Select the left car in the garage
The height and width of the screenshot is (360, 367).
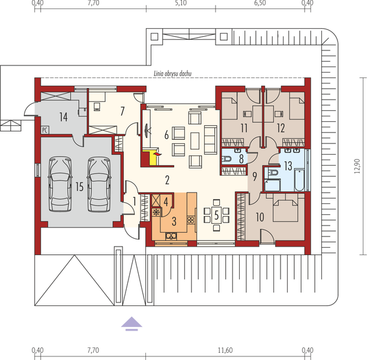point(60,184)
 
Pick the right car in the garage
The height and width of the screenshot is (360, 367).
point(99,184)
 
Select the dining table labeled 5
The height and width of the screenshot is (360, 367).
point(216,215)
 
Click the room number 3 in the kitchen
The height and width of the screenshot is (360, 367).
point(174,221)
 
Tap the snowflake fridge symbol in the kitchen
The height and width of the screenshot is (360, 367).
point(156,212)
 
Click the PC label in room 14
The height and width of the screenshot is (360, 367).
point(44,130)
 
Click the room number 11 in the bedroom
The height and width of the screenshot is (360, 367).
point(244,127)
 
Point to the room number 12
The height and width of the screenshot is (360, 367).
point(281,127)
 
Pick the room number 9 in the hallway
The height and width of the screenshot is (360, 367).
point(255,177)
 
